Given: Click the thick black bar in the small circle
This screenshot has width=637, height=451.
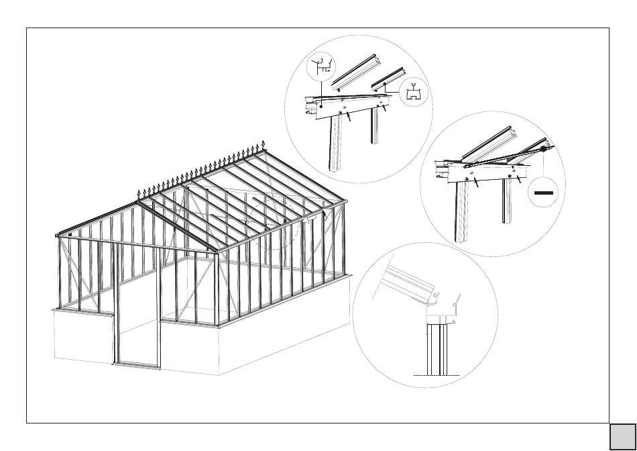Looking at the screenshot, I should point(544,192).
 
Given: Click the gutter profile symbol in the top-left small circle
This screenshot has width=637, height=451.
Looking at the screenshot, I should point(320,66).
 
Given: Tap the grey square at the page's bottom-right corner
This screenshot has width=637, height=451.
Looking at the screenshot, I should point(623,436).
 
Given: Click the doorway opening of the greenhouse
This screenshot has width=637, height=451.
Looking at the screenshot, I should point(137,305).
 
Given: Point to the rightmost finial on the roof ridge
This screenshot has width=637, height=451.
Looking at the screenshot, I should point(263,146).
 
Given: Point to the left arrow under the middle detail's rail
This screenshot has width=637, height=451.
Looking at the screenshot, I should point(475,184).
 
